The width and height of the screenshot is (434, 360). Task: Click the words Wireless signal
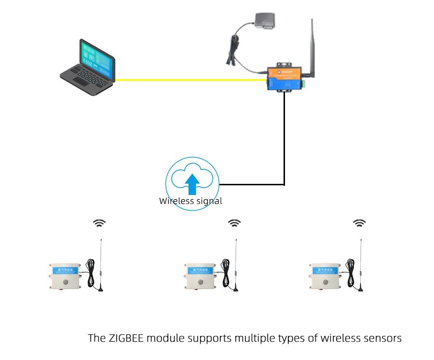point(190,201)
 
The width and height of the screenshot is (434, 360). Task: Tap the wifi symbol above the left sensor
point(100,223)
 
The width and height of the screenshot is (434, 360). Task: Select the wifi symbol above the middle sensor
point(235,223)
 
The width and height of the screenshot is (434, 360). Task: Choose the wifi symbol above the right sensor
point(359,223)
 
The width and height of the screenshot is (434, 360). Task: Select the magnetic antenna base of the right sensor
point(360,289)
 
